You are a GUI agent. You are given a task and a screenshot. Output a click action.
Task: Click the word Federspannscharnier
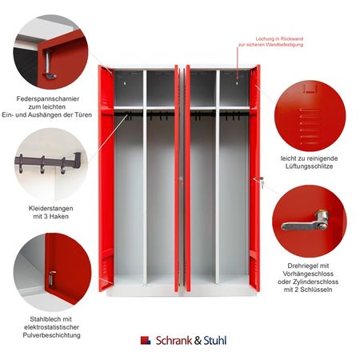point(48,98)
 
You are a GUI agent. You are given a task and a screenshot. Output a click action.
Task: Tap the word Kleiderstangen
point(51,208)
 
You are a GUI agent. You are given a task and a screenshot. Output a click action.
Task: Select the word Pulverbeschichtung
point(51,335)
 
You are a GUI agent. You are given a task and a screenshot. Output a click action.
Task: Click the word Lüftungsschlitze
point(310,166)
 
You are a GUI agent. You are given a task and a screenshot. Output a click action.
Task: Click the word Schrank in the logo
point(174,341)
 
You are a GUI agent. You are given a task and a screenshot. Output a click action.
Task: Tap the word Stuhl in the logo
point(215,341)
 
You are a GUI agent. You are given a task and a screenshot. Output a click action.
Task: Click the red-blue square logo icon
point(146,341)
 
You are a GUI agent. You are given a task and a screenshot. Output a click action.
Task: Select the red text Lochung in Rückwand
point(279,38)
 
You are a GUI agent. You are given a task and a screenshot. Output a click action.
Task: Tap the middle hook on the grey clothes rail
point(42,166)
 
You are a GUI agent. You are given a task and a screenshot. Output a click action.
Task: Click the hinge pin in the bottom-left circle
point(52,278)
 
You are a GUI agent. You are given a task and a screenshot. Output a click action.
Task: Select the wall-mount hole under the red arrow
point(238,83)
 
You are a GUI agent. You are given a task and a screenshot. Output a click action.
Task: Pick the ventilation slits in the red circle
point(310,126)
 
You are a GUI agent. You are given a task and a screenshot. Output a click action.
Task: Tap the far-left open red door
point(106,178)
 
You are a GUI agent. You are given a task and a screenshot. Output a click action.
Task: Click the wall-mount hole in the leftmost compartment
point(125,83)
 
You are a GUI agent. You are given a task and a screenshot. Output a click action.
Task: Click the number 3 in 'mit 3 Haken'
point(45,216)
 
